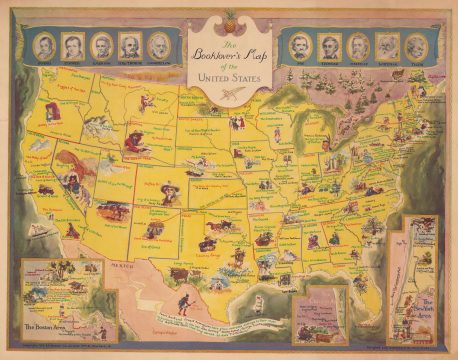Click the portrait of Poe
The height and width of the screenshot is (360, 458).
[x=305, y=45]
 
